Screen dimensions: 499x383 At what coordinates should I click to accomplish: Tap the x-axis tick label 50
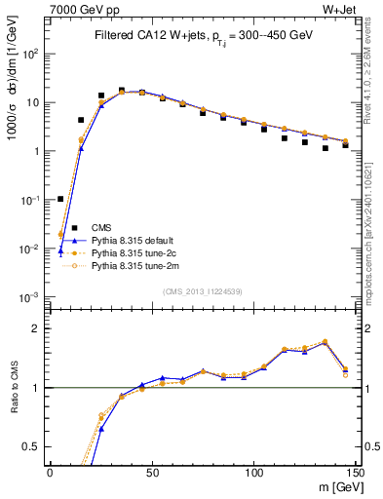point(151,472)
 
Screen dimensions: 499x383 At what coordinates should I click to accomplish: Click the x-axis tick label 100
point(253,472)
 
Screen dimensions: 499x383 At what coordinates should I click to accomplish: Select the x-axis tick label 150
point(354,472)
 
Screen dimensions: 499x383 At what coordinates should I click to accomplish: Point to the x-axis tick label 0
point(50,472)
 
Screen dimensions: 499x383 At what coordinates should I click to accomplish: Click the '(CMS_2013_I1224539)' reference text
point(203,290)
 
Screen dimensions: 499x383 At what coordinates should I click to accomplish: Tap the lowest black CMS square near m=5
point(60,199)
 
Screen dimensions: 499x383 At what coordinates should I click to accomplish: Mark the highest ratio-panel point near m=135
point(326,342)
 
